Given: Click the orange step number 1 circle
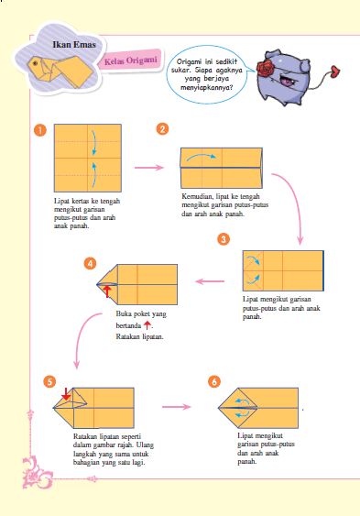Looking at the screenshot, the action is coord(39,130).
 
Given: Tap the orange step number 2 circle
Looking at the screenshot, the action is coord(162,128).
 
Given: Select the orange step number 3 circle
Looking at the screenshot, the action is coord(224,239).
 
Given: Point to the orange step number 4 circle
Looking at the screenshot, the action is coord(90,263).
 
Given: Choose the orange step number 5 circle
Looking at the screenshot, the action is coord(49,382).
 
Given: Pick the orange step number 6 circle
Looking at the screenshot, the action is coord(214,382).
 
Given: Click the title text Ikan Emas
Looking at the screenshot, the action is coord(74,44).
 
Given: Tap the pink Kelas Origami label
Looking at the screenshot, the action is coord(130,60).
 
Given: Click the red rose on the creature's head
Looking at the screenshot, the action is coord(265,69).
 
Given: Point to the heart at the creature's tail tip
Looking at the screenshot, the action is coord(335,71).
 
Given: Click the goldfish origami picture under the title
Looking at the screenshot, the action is coord(60,71).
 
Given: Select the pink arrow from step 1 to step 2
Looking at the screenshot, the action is coord(149,168).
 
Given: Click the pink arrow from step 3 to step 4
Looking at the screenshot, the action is coord(210,281).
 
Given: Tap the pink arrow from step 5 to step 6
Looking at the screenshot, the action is coord(176,407).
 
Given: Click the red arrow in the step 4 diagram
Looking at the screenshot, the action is coord(107,291).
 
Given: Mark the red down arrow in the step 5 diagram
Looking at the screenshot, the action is coord(66,393).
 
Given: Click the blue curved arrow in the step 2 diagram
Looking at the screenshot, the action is coord(202,155).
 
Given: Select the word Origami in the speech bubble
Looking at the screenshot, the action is coord(189,62).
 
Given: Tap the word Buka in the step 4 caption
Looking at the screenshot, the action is coord(123,313).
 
